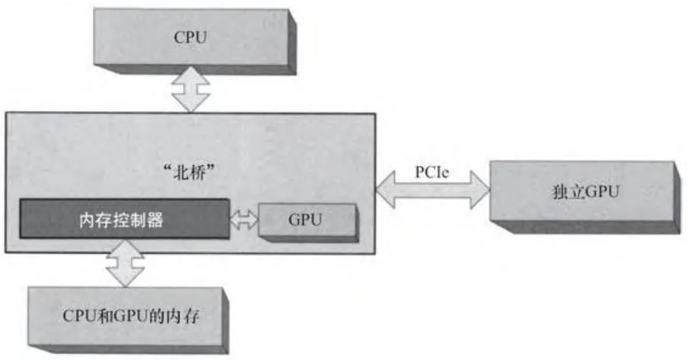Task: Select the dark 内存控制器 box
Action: pos(124,219)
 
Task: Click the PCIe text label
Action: pos(432,174)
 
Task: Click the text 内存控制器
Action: pos(121,220)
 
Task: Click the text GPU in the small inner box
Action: pos(305,221)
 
